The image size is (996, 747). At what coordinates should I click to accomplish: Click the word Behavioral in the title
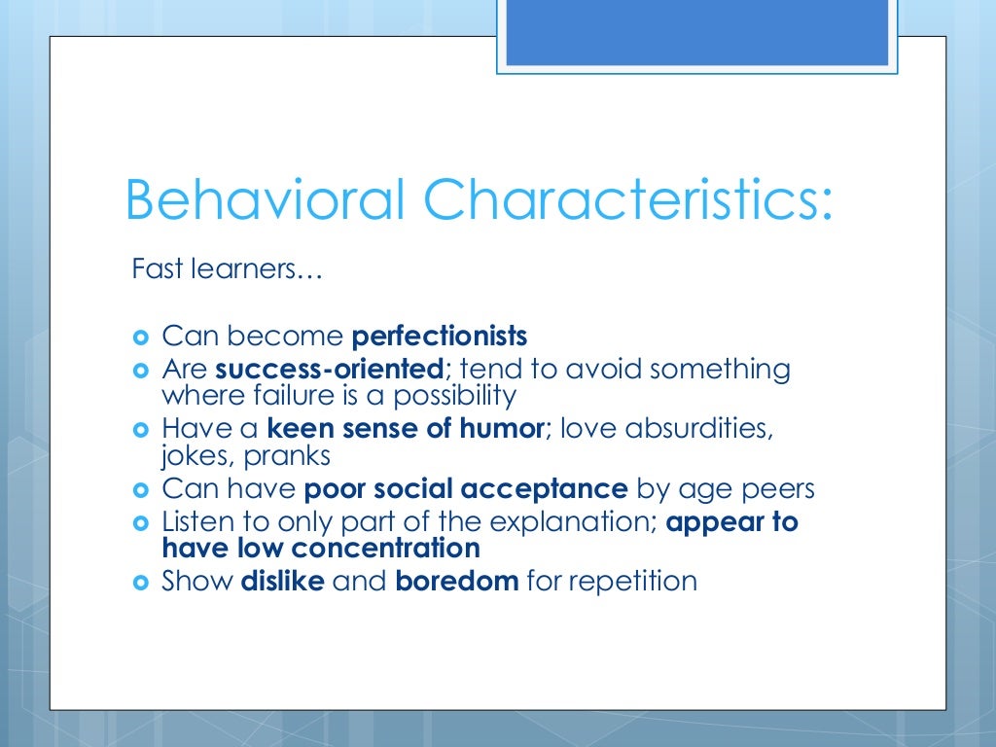[265, 199]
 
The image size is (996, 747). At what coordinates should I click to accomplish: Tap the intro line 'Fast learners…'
[227, 268]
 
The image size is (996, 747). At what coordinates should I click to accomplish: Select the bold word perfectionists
[440, 336]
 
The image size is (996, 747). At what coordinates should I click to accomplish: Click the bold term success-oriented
[329, 369]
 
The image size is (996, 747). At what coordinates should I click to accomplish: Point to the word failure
[294, 395]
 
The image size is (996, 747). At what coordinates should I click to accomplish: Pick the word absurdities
[699, 429]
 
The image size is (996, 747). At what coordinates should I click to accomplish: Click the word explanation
[573, 522]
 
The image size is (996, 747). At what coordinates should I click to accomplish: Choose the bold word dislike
[283, 581]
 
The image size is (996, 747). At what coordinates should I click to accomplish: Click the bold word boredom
[457, 581]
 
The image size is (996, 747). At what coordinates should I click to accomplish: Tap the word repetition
[632, 582]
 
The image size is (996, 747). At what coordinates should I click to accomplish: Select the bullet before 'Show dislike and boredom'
[140, 583]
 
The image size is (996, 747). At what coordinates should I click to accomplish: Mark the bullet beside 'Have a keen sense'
[140, 430]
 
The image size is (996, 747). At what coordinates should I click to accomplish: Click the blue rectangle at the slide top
[696, 32]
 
